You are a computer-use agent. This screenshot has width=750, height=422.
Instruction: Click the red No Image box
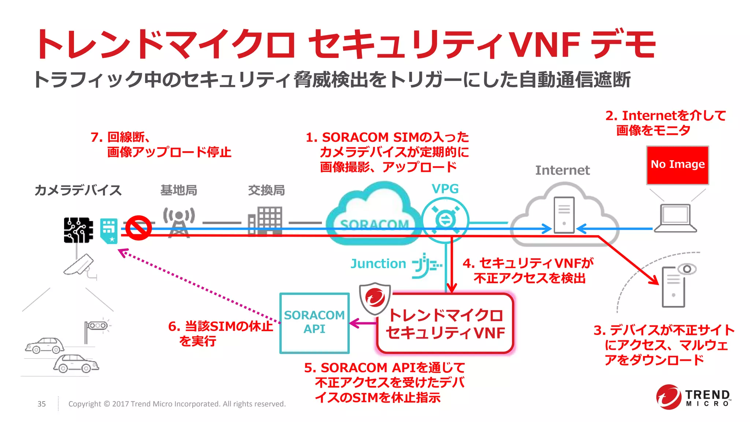[x=677, y=165]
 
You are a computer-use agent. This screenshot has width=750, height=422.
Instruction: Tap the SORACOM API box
[x=314, y=323]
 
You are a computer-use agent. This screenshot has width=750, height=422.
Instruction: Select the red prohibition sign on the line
[x=138, y=227]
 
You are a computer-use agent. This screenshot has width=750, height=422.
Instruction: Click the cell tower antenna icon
[x=179, y=222]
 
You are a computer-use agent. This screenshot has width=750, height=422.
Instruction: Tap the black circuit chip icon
[x=78, y=230]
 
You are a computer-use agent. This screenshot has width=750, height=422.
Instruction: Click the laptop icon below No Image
[x=675, y=219]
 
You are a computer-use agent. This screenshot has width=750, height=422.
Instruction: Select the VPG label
[x=445, y=189]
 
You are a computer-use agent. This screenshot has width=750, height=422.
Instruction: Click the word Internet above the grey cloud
[x=562, y=170]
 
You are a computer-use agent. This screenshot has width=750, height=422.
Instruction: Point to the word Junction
[x=378, y=263]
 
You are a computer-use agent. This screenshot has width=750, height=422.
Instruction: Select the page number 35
[x=42, y=404]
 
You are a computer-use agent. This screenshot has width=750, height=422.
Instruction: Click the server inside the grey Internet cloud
[x=564, y=215]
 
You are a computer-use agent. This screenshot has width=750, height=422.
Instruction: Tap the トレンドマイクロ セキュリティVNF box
[x=445, y=323]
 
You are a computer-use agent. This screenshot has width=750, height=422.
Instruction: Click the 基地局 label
[x=179, y=190]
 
